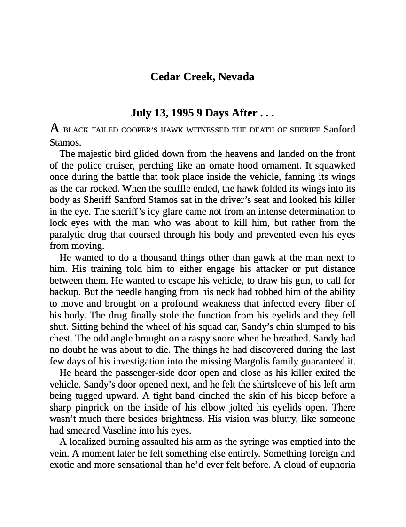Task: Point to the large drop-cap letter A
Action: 55,128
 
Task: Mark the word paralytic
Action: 69,234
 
